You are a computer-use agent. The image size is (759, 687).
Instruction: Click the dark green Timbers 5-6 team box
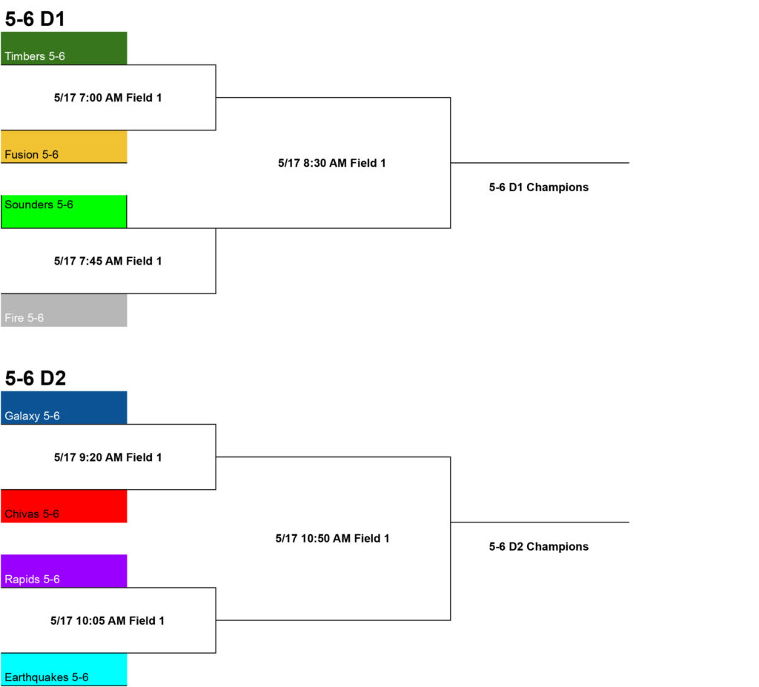(64, 48)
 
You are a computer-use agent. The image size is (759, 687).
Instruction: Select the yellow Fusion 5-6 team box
(64, 147)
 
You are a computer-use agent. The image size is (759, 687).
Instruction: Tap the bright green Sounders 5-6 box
(64, 211)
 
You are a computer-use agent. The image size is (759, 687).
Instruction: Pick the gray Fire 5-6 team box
(64, 311)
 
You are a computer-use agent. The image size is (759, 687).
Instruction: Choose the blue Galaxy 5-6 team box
(64, 408)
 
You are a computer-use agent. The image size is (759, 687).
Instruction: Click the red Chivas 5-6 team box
(64, 506)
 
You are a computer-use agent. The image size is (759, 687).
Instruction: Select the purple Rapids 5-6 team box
(64, 571)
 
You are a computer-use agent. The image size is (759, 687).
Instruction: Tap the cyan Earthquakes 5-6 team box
(64, 669)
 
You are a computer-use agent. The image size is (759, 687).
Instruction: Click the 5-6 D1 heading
(35, 19)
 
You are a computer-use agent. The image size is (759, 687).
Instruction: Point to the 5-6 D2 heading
(36, 378)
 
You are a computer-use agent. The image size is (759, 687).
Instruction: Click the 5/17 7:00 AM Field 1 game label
(108, 98)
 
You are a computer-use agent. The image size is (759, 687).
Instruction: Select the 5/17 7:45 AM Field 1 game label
(108, 261)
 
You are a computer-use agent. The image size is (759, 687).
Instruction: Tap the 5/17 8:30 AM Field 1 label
(332, 163)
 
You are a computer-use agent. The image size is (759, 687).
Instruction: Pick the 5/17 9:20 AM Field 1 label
(108, 457)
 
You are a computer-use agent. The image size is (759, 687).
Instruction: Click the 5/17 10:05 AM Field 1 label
(107, 621)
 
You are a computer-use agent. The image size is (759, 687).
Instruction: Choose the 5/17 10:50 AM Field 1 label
(333, 538)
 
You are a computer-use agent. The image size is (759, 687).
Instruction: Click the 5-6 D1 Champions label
(539, 187)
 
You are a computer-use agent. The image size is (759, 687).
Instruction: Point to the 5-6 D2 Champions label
(539, 547)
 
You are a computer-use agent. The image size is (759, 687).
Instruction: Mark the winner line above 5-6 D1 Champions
(540, 163)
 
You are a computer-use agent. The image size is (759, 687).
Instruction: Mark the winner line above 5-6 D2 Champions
(540, 522)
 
